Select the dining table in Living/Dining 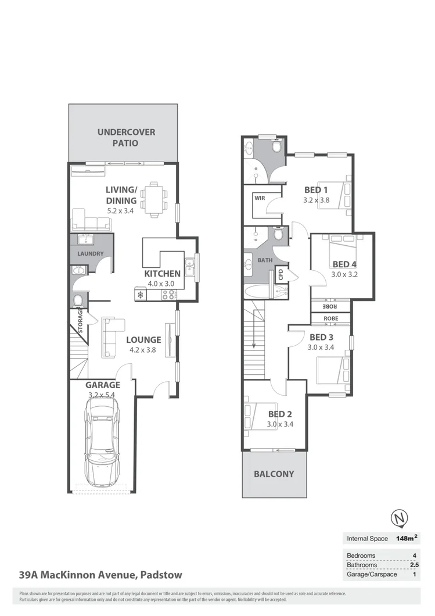[x=154, y=199]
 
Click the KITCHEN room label [x=162, y=274]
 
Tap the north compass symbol [x=399, y=517]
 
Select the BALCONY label [x=274, y=474]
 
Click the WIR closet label [x=258, y=198]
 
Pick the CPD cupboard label [x=280, y=273]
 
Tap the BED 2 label [x=279, y=414]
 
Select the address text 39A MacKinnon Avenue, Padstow [x=100, y=575]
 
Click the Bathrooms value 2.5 [x=413, y=564]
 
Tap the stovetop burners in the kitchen [x=168, y=295]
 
